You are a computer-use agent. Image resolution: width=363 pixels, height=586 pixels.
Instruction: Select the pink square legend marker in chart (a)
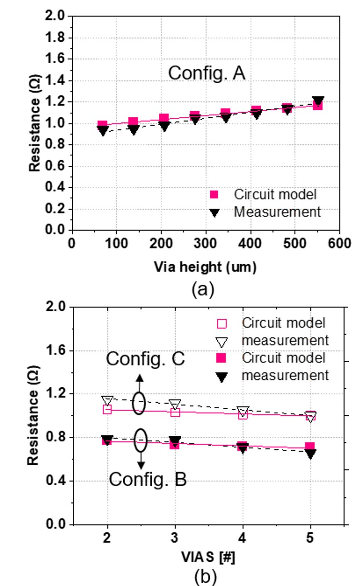click(215, 194)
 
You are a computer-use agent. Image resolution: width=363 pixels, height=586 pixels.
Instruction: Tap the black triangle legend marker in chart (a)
click(215, 212)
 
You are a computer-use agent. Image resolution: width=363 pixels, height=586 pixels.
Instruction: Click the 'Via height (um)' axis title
click(206, 268)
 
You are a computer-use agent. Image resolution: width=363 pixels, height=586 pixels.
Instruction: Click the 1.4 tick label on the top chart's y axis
click(56, 81)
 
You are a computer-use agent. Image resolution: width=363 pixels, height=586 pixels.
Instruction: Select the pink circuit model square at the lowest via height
click(102, 125)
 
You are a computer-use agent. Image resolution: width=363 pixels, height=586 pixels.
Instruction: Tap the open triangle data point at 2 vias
click(108, 400)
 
